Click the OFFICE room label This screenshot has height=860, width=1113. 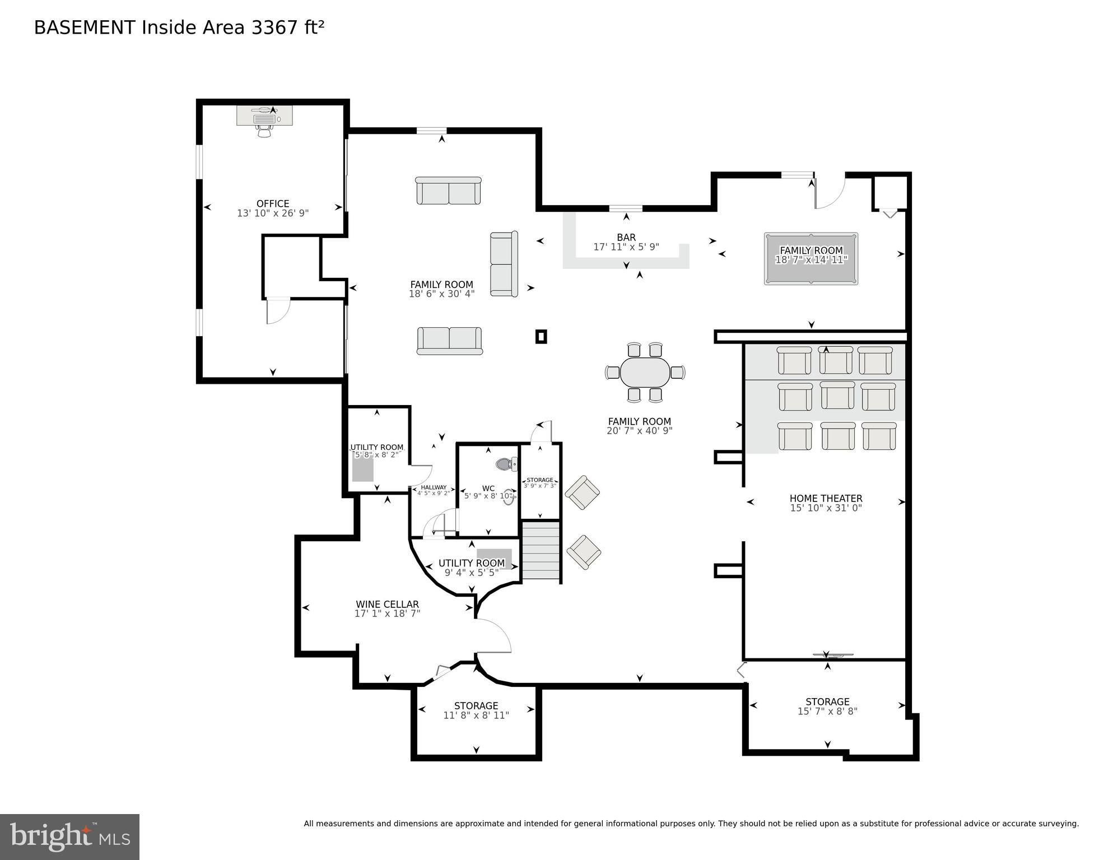click(x=273, y=204)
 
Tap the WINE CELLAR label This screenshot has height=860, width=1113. click(x=387, y=605)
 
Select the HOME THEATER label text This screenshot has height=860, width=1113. click(x=826, y=499)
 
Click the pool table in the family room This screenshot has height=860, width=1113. click(x=811, y=259)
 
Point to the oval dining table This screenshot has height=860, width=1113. click(x=645, y=372)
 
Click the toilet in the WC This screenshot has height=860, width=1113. click(x=506, y=464)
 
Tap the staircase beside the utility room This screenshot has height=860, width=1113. click(x=541, y=551)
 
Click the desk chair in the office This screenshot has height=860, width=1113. click(x=264, y=131)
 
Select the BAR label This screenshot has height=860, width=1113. click(x=626, y=238)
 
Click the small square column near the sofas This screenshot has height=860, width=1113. click(x=541, y=337)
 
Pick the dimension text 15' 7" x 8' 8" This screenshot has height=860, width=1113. click(x=827, y=712)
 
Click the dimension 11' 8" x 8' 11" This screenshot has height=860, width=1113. click(x=476, y=715)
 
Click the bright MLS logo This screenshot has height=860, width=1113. click(x=69, y=836)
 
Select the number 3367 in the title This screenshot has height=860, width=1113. click(x=275, y=27)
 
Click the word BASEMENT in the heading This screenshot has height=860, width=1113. click(x=85, y=27)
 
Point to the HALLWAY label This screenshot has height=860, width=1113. click(x=434, y=487)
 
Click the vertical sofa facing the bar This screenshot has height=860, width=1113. click(x=504, y=264)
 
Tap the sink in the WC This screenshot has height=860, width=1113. click(x=509, y=497)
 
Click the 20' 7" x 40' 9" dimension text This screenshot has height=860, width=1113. click(x=639, y=431)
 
